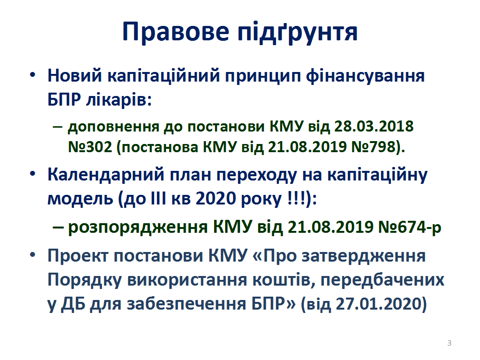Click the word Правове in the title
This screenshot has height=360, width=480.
176,32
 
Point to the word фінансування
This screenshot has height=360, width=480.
365,76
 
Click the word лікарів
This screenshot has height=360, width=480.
119,99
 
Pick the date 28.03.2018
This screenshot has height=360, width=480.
374,126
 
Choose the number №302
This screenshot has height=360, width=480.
90,147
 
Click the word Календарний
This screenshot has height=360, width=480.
106,176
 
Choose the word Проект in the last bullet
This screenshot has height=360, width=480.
78,256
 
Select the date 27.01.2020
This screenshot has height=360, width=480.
378,304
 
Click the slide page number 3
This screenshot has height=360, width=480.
449,343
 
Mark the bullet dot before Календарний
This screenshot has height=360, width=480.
33,174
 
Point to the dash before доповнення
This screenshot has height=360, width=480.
58,126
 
